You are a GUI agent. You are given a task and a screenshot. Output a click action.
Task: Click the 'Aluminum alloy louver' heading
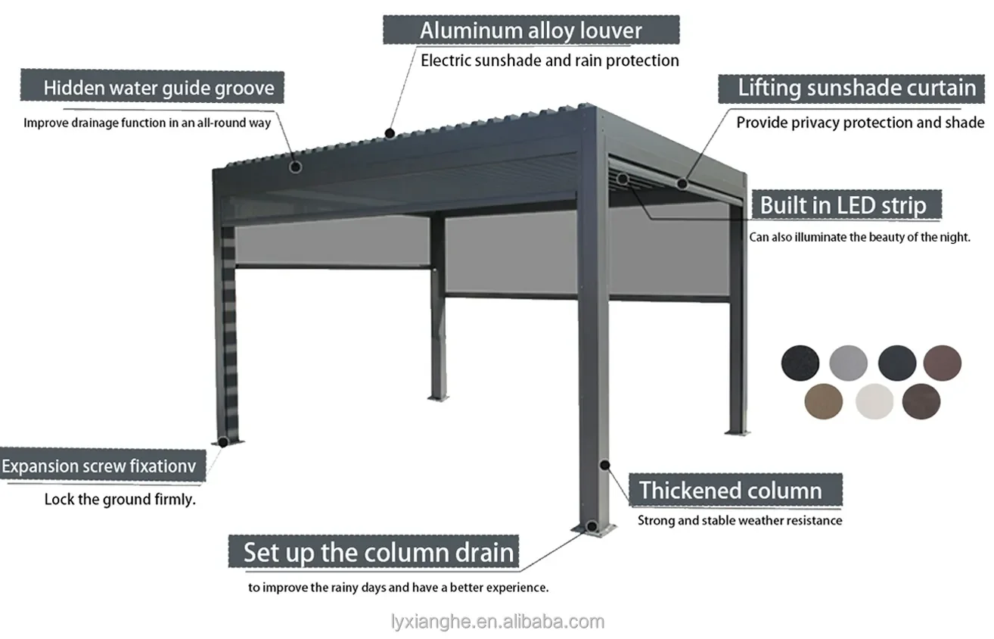(x=530, y=31)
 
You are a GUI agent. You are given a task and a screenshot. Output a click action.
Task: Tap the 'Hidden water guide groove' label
(x=158, y=87)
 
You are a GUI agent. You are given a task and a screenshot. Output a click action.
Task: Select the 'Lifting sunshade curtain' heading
(x=856, y=88)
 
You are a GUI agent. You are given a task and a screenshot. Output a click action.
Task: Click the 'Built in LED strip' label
(x=843, y=205)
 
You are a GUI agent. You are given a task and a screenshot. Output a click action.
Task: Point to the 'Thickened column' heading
(x=731, y=491)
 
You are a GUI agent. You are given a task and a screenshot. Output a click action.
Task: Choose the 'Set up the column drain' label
(x=378, y=552)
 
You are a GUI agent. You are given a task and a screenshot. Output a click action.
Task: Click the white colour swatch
(x=874, y=401)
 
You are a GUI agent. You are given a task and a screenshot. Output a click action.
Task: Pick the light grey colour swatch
(x=848, y=363)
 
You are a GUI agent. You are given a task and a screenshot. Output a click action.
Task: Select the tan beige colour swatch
(x=823, y=401)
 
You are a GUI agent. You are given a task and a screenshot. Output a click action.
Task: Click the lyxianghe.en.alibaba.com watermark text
(x=497, y=622)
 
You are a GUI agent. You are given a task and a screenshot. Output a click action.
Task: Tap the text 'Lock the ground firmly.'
(x=120, y=500)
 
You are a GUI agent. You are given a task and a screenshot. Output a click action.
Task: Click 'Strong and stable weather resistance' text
(x=739, y=521)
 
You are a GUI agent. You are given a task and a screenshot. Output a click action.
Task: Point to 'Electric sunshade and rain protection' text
(x=549, y=61)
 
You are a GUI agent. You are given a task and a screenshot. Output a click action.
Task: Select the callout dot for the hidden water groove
(x=296, y=166)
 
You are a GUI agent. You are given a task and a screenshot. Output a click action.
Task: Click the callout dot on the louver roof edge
(x=389, y=133)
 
